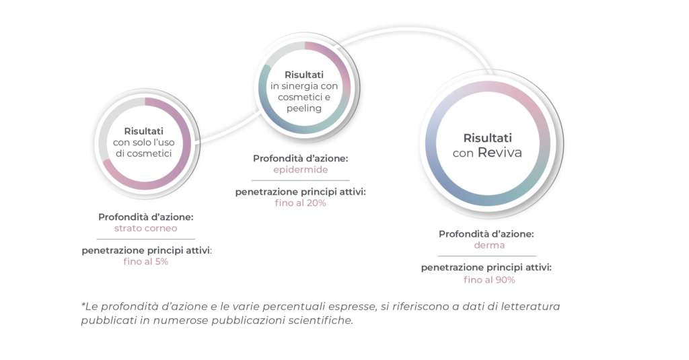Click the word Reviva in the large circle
[500, 153]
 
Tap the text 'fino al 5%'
[145, 262]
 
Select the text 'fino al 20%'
[301, 203]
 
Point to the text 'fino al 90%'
[489, 280]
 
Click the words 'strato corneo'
[145, 229]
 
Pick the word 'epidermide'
[301, 170]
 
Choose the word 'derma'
[489, 246]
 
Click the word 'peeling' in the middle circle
[304, 108]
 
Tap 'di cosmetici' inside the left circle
[144, 153]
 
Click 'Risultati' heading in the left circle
[144, 131]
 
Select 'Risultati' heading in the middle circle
[304, 75]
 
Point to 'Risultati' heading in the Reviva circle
[487, 138]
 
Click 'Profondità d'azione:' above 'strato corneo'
[146, 217]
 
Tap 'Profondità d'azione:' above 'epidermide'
[301, 158]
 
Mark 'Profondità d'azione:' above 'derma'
[486, 234]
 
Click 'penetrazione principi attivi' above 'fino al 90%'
[486, 268]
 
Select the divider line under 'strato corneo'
[145, 239]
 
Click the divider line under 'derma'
[487, 256]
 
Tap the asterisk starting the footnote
[83, 303]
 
